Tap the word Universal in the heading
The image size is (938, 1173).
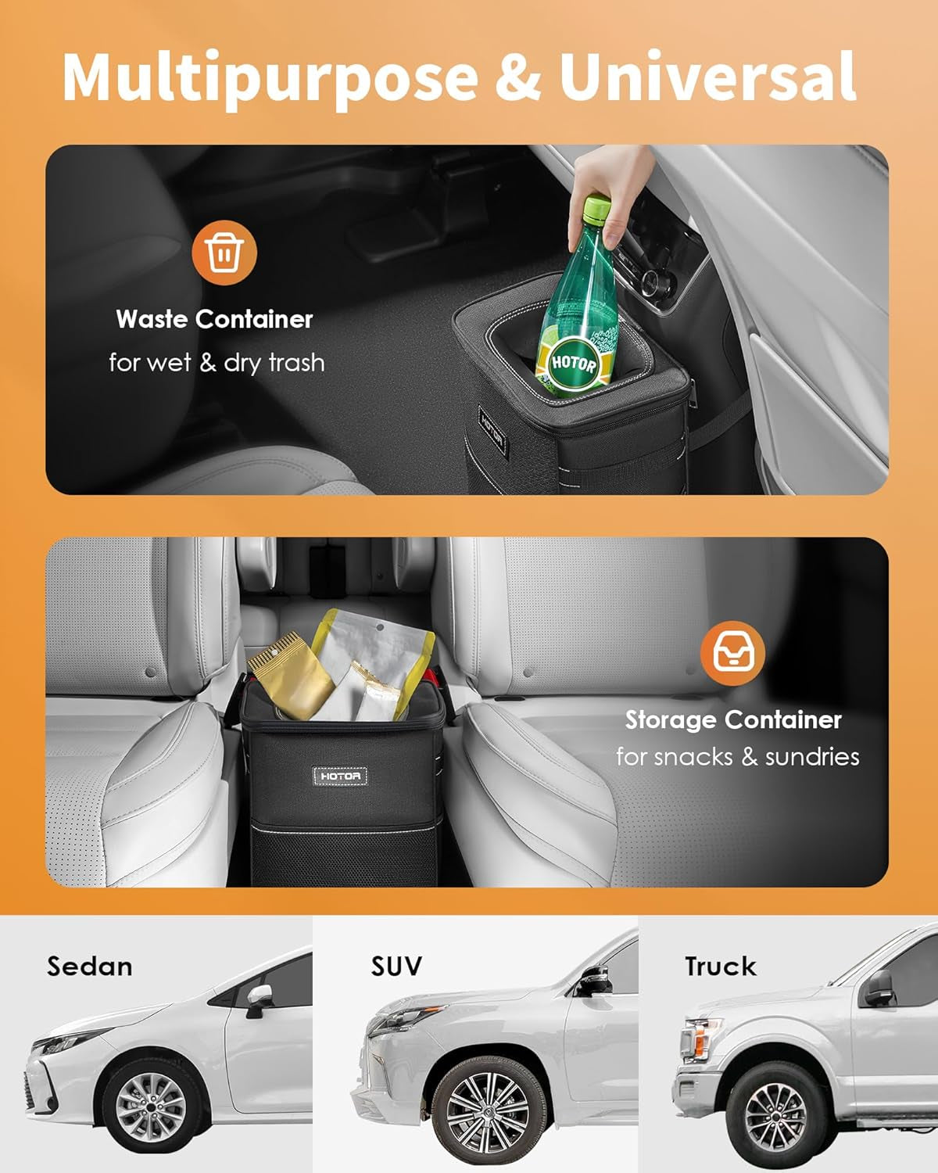(x=707, y=76)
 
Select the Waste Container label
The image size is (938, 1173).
(x=214, y=319)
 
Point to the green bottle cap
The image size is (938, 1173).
(x=599, y=209)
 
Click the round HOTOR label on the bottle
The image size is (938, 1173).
(x=575, y=364)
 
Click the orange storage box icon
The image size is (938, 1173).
(x=732, y=654)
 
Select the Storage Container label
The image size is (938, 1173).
(x=732, y=719)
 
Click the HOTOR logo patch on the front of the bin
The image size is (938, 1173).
(x=341, y=776)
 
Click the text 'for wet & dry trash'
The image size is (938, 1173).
(x=217, y=363)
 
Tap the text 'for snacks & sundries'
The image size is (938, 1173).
(x=737, y=757)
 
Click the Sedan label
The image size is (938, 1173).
(x=90, y=967)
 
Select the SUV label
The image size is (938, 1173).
(x=396, y=967)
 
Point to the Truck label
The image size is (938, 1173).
(x=721, y=967)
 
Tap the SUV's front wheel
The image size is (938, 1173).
(x=490, y=1110)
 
